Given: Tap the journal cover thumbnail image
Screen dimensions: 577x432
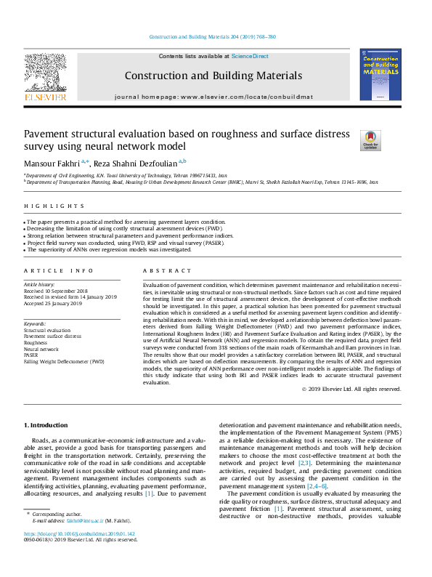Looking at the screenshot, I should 380,74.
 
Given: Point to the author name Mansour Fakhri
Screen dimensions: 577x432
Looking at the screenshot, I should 54,164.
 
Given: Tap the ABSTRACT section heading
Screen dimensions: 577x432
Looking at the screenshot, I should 160,270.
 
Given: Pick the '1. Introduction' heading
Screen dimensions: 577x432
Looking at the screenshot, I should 47,424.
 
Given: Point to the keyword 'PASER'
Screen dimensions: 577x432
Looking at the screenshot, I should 33,355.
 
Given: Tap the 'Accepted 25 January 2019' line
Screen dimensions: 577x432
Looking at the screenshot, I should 53,303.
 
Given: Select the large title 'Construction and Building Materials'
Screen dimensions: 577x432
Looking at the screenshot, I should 213,76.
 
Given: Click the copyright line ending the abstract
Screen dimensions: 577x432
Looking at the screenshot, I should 351,389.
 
